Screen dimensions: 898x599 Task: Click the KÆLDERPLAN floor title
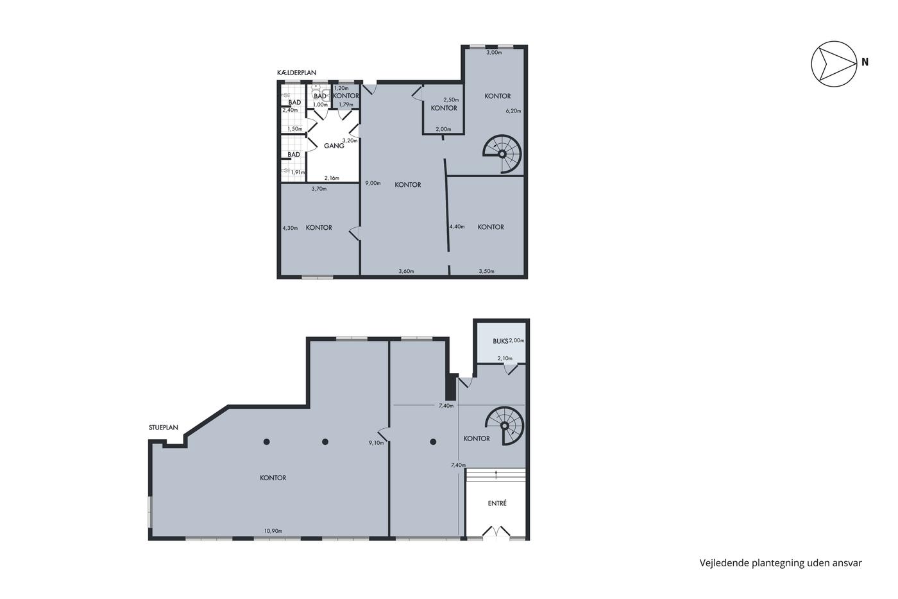[296, 73]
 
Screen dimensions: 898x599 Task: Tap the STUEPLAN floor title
[163, 428]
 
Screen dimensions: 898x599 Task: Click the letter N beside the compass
[865, 62]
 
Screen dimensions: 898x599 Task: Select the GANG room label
[334, 146]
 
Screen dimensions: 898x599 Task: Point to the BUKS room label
[500, 341]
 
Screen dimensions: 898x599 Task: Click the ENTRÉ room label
[497, 503]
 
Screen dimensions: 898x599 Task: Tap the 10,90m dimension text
[273, 531]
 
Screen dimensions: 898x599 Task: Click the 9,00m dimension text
[373, 183]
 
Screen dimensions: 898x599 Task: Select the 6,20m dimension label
[513, 110]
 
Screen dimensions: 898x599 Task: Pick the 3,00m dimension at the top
[494, 52]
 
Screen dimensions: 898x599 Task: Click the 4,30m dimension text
[290, 228]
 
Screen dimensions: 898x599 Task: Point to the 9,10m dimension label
[376, 443]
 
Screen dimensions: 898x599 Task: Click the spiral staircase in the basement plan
[502, 153]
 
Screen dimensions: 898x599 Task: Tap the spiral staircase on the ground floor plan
[505, 426]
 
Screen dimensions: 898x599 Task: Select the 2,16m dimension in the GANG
[332, 178]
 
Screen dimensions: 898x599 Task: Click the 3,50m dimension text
[486, 271]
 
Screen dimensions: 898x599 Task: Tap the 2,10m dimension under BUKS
[505, 358]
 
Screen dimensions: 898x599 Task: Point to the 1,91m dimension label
[298, 172]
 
